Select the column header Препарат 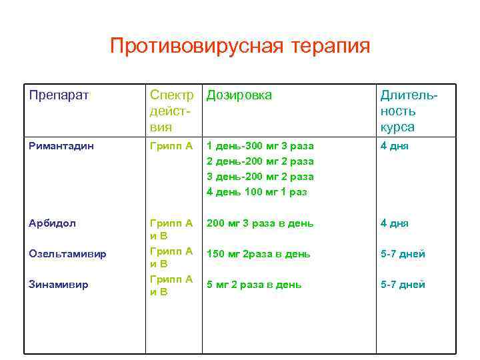coord(59,95)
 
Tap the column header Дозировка coord(239,95)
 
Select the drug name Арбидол coord(53,223)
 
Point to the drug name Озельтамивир coord(68,254)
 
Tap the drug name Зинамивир coord(59,285)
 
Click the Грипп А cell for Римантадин coord(171,145)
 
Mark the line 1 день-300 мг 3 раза coord(259,145)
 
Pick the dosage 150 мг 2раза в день coord(258,254)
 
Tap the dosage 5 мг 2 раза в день coord(254,285)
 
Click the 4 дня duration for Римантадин coord(395,145)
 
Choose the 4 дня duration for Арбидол coord(395,223)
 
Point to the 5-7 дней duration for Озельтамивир coord(403,254)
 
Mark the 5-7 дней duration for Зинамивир coord(403,285)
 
